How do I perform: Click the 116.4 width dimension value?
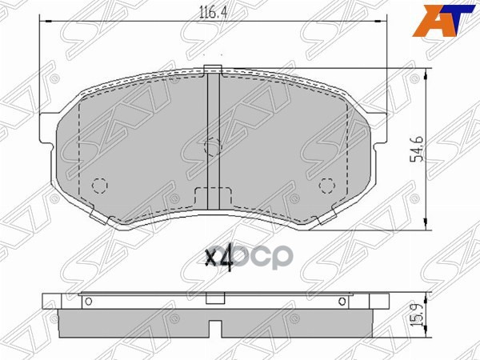click(212, 11)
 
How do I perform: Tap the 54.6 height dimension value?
click(416, 148)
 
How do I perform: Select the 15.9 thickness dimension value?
click(417, 313)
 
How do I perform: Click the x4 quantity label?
click(218, 258)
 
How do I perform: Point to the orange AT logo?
click(442, 18)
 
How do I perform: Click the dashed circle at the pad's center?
click(213, 146)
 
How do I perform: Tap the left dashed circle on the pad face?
click(99, 186)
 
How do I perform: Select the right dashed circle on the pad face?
click(326, 186)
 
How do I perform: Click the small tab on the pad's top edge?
click(213, 70)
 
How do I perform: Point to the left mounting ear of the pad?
click(53, 130)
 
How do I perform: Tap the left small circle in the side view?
click(88, 301)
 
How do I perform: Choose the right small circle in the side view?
click(342, 301)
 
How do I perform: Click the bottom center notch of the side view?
click(214, 329)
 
